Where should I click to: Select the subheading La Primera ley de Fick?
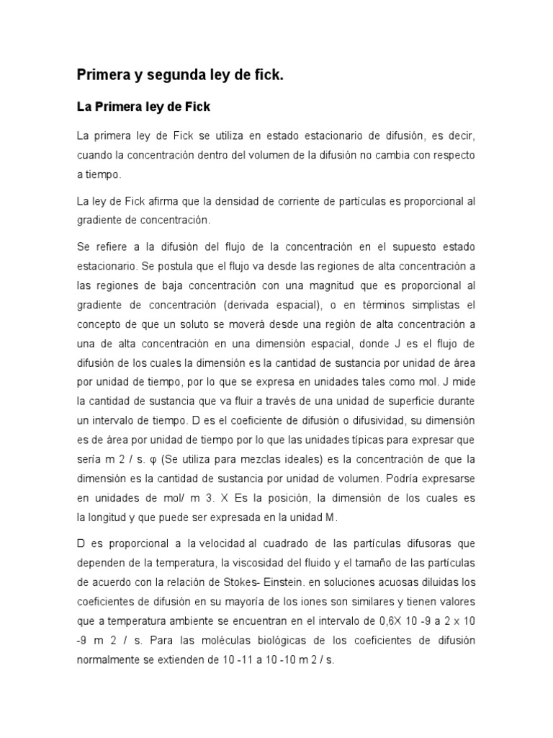[x=143, y=107]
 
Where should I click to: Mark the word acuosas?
[x=381, y=581]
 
